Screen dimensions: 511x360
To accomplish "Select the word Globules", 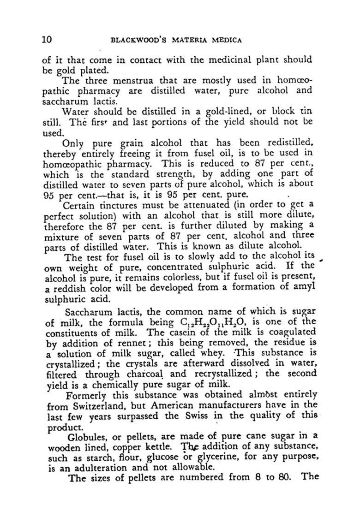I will (85, 437).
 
